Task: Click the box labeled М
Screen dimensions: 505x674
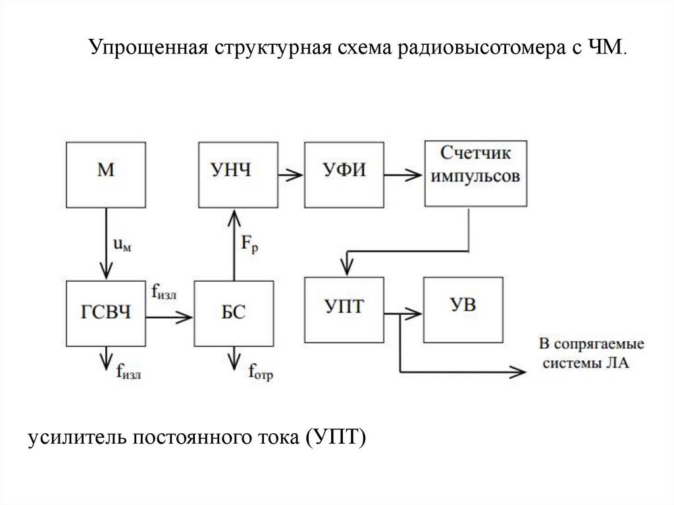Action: (105, 172)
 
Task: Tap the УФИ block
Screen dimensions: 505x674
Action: (344, 173)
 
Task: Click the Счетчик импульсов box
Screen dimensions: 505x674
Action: (476, 172)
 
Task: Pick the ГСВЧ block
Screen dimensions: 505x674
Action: (105, 312)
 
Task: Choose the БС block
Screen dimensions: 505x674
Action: (234, 312)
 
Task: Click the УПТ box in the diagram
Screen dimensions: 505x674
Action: (344, 308)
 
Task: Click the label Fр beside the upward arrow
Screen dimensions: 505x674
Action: (249, 245)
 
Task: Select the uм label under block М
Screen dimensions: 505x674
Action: (122, 245)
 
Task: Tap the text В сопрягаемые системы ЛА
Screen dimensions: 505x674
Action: (591, 354)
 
